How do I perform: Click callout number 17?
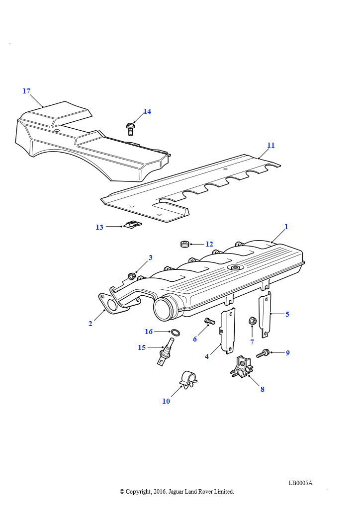click(26, 91)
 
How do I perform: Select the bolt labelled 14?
click(131, 129)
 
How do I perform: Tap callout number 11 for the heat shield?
click(270, 145)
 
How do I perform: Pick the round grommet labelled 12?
click(185, 244)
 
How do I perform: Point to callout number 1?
click(286, 227)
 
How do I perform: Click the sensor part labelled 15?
click(164, 353)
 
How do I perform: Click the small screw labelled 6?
click(209, 322)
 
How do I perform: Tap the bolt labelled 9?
click(263, 353)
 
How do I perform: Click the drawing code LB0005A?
click(300, 483)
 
